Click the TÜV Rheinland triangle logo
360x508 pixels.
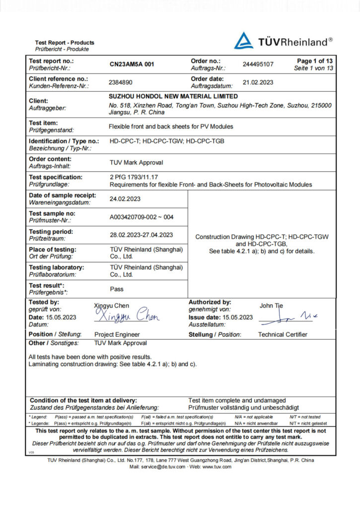244,41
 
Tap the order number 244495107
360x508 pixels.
258,64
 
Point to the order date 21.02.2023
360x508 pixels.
258,82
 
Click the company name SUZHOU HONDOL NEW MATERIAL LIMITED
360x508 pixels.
173,97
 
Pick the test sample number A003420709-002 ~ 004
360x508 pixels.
142,217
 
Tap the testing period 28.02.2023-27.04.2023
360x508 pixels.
142,235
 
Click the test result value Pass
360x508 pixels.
117,289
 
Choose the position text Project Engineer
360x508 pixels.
117,334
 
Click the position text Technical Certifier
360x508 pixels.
283,334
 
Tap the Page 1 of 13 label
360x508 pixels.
315,61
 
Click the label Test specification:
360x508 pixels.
56,177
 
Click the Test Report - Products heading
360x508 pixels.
65,43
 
